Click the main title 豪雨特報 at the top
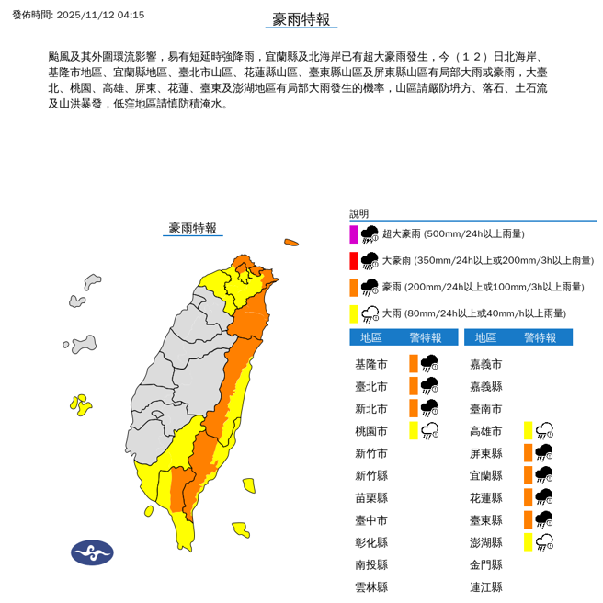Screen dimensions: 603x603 [x=301, y=20]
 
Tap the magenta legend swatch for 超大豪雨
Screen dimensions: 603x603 [x=354, y=233]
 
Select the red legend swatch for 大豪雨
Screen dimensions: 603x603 [x=354, y=260]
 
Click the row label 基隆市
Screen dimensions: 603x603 [x=371, y=364]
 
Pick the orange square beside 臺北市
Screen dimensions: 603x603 [x=414, y=386]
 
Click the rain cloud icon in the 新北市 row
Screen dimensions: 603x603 [x=429, y=408]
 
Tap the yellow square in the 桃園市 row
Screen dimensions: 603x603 [x=414, y=430]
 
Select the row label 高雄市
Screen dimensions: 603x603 [x=486, y=430]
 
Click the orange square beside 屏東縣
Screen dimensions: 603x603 [x=529, y=452]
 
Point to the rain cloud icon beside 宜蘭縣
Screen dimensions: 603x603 [x=544, y=475]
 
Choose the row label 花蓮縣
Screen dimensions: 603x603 [x=486, y=497]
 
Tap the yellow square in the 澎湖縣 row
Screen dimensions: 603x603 [x=529, y=541]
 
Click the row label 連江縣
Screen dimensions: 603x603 [x=486, y=586]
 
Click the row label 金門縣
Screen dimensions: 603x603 [x=486, y=564]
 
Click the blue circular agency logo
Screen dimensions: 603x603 [x=92, y=552]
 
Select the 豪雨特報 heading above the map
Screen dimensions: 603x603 [x=193, y=228]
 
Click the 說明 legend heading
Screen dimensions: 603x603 [x=358, y=213]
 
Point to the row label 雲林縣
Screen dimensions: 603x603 [x=371, y=586]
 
